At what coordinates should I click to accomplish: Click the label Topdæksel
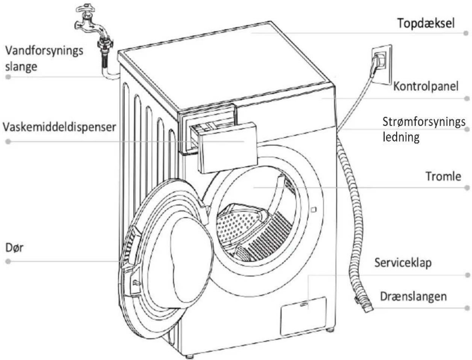tap(425, 23)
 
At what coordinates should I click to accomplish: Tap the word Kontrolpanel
tap(426, 87)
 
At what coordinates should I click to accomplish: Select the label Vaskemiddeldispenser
tap(59, 127)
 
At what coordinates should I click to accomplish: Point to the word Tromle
tap(443, 176)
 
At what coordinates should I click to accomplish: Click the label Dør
tap(14, 248)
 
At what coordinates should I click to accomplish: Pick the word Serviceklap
tap(403, 263)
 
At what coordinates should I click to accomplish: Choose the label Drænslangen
tap(413, 296)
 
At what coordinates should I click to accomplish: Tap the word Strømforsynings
tap(424, 122)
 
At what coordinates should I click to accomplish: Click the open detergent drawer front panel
tap(227, 148)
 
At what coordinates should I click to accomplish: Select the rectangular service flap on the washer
tap(303, 316)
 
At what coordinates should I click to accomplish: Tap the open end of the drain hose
tap(368, 309)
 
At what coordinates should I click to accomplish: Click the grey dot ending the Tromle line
tap(467, 188)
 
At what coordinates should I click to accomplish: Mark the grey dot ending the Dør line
tap(8, 261)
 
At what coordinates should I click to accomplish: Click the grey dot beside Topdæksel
tap(466, 33)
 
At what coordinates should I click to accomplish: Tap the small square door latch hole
tap(314, 209)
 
